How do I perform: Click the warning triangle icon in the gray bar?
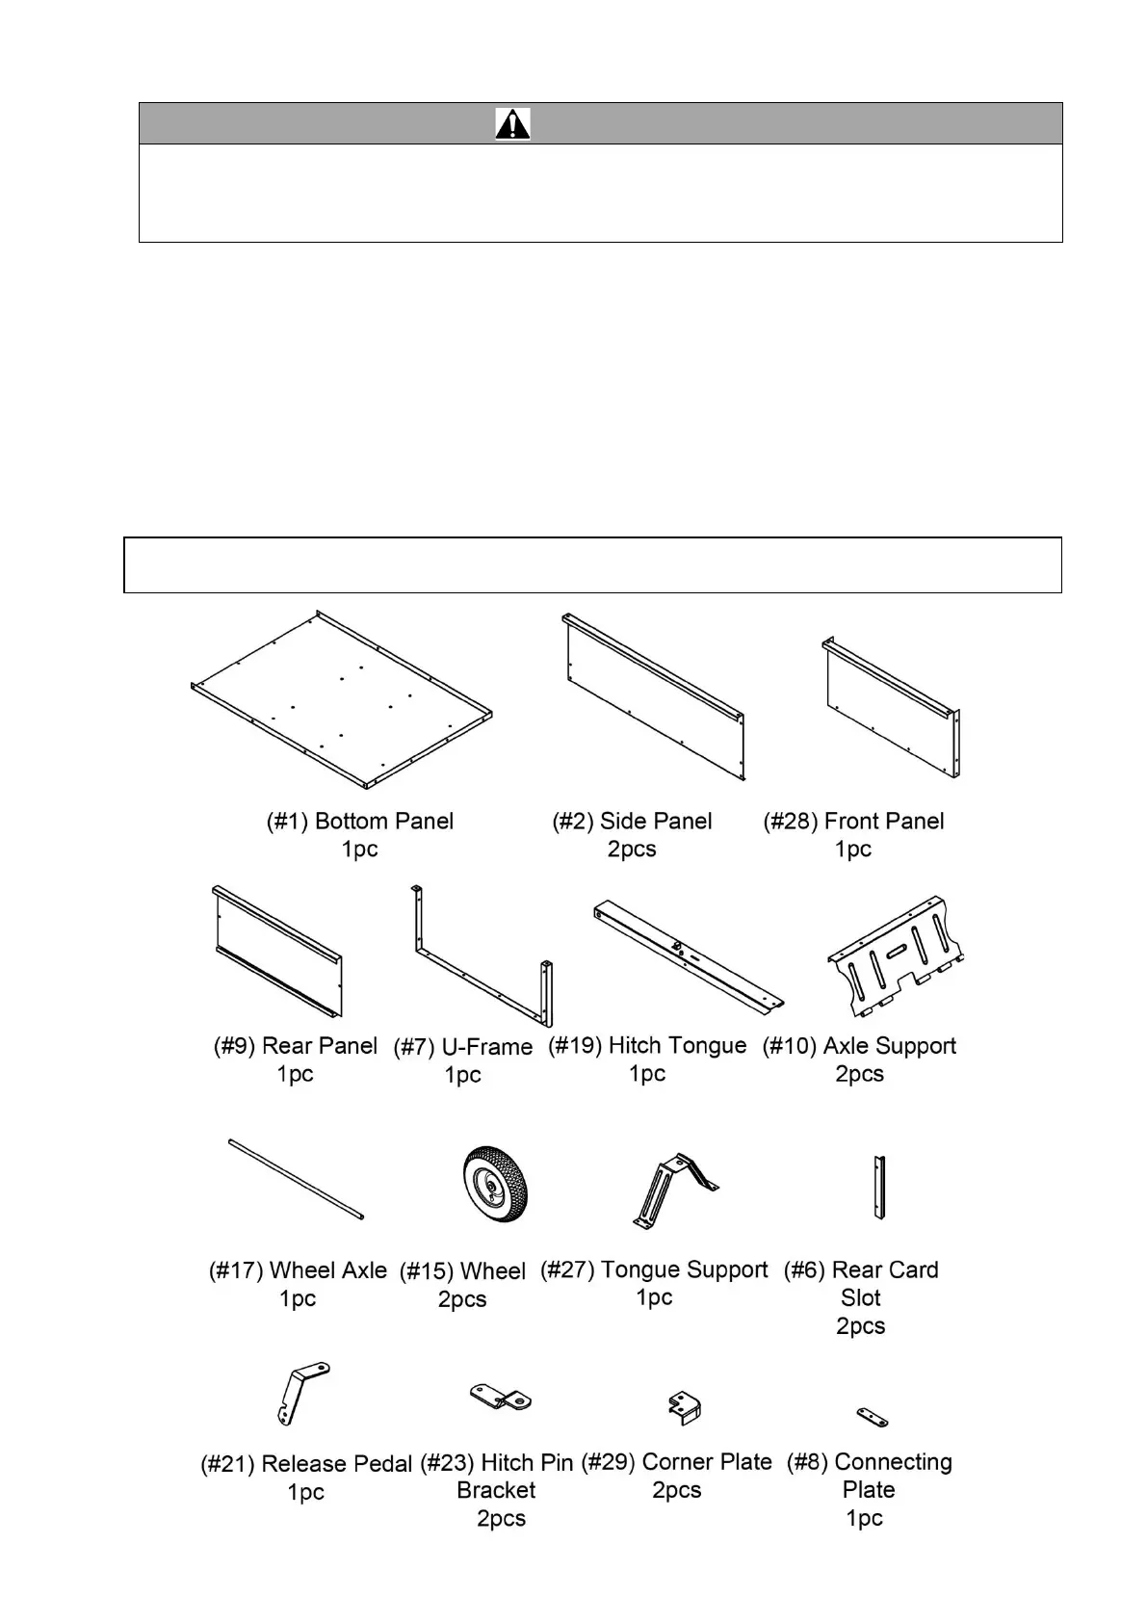point(512,124)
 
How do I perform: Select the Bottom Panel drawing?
point(342,698)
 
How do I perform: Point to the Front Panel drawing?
point(892,708)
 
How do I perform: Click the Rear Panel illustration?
point(277,952)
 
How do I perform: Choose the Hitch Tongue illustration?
point(688,955)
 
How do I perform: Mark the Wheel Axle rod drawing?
point(297,1180)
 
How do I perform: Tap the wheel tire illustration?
point(495,1185)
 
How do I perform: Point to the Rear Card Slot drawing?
point(878,1188)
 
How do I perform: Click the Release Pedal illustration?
point(300,1393)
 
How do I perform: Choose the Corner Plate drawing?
point(685,1408)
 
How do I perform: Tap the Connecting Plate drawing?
point(873,1417)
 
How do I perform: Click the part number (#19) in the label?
point(575,1046)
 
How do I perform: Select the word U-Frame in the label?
point(486,1047)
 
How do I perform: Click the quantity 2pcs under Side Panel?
point(632,850)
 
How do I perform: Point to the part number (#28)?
point(790,822)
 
